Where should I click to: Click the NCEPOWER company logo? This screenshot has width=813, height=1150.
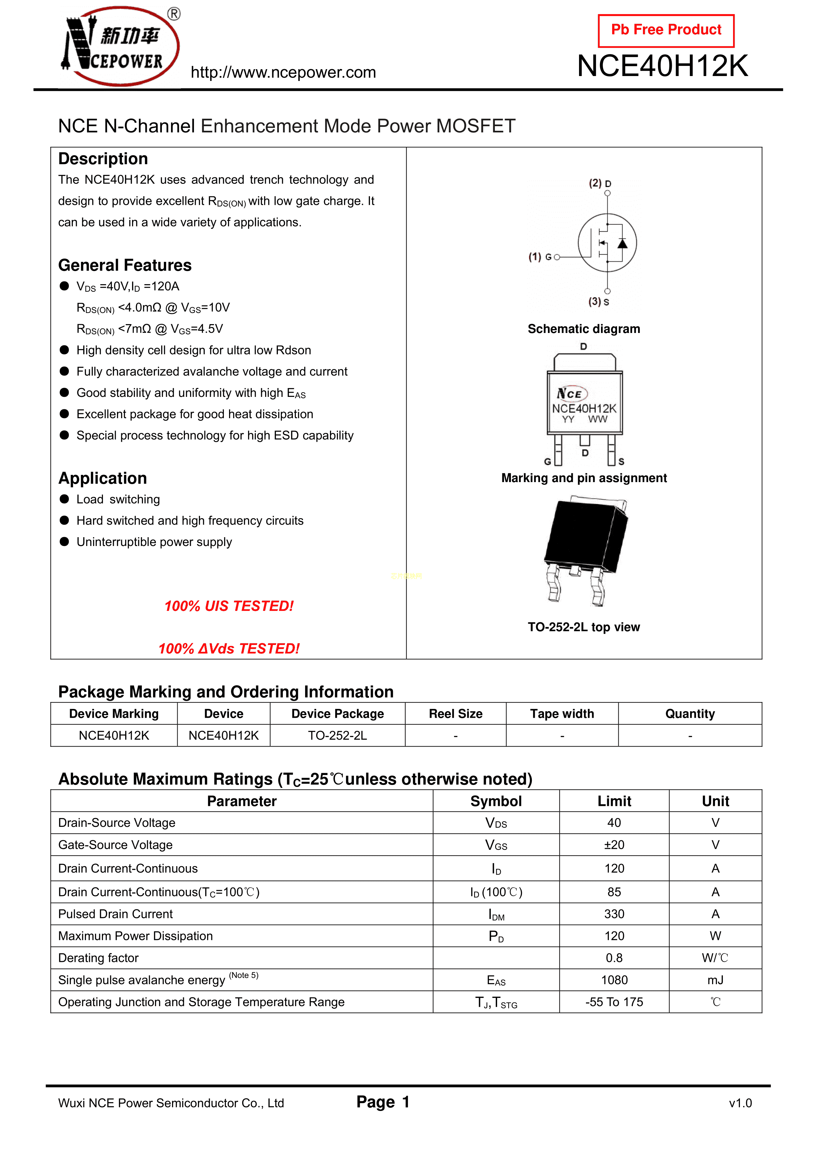coord(120,47)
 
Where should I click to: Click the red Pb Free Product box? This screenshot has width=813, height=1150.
coord(666,30)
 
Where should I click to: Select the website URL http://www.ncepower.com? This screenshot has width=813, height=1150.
coord(283,73)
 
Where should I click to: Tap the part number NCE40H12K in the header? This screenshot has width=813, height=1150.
coord(662,66)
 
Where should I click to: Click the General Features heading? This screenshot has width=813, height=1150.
coord(125,265)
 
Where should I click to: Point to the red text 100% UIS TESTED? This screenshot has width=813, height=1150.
coord(229,606)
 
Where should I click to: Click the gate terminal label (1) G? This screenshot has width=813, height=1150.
coord(540,257)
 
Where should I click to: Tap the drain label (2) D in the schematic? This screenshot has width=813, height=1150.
coord(600,183)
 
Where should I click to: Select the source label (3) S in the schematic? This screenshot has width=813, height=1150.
coord(599,302)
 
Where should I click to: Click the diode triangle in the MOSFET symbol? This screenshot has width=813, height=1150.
coord(622,244)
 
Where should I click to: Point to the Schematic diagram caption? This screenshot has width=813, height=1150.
coord(584,329)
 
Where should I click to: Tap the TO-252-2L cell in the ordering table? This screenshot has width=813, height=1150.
coord(337,735)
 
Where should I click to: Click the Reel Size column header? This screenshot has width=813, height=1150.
coord(455,714)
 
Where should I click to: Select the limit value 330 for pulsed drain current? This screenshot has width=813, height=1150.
coord(614,914)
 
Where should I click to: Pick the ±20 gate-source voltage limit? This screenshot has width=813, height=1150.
coord(614,845)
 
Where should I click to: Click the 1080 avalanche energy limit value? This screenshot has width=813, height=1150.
coord(614,980)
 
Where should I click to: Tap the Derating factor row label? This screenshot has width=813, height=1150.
coord(98,958)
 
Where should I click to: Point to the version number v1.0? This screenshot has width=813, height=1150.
coord(740,1103)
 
